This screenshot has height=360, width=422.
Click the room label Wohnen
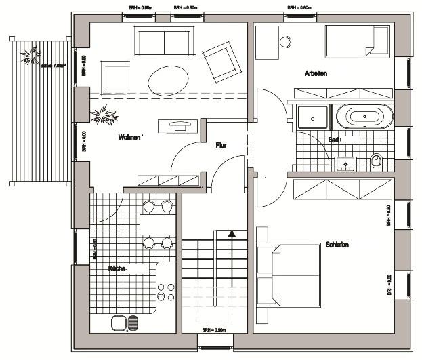[x=129, y=137]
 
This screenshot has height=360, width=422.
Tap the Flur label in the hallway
[x=221, y=145]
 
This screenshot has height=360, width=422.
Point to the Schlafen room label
[x=337, y=245]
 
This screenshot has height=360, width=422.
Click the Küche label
[x=117, y=269]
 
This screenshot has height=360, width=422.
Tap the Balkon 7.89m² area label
[x=52, y=66]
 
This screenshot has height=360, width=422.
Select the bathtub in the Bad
[x=368, y=116]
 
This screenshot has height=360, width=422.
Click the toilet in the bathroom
[x=377, y=161]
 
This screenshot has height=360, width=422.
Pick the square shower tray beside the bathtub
[x=312, y=116]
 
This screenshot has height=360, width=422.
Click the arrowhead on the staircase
[x=232, y=235]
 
